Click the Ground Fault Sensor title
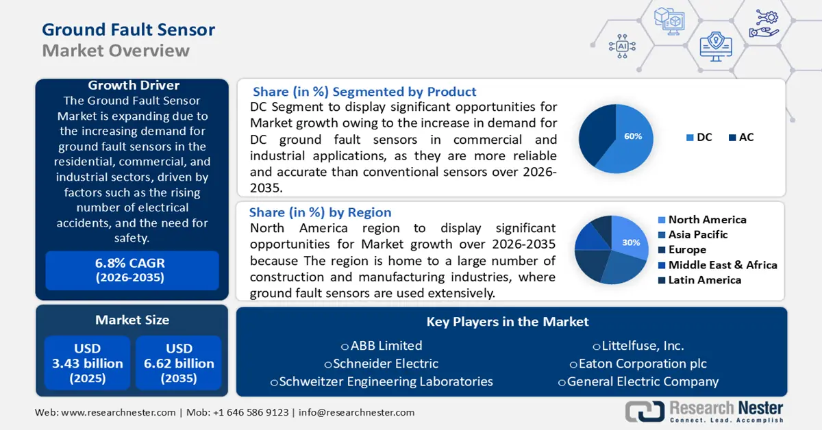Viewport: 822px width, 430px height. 129,29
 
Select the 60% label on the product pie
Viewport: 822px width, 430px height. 633,136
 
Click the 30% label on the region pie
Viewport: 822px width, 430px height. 631,242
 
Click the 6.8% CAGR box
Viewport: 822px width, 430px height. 132,270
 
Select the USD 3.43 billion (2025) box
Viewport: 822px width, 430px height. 88,364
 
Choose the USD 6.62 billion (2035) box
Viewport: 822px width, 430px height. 179,364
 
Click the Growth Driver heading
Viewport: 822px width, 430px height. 134,86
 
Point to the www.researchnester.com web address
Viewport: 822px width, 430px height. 118,412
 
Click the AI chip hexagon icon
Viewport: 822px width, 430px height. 622,46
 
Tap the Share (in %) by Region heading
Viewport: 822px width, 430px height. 321,212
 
